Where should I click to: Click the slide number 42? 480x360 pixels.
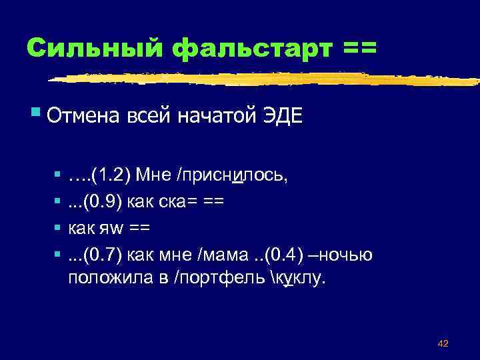[x=442, y=343]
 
